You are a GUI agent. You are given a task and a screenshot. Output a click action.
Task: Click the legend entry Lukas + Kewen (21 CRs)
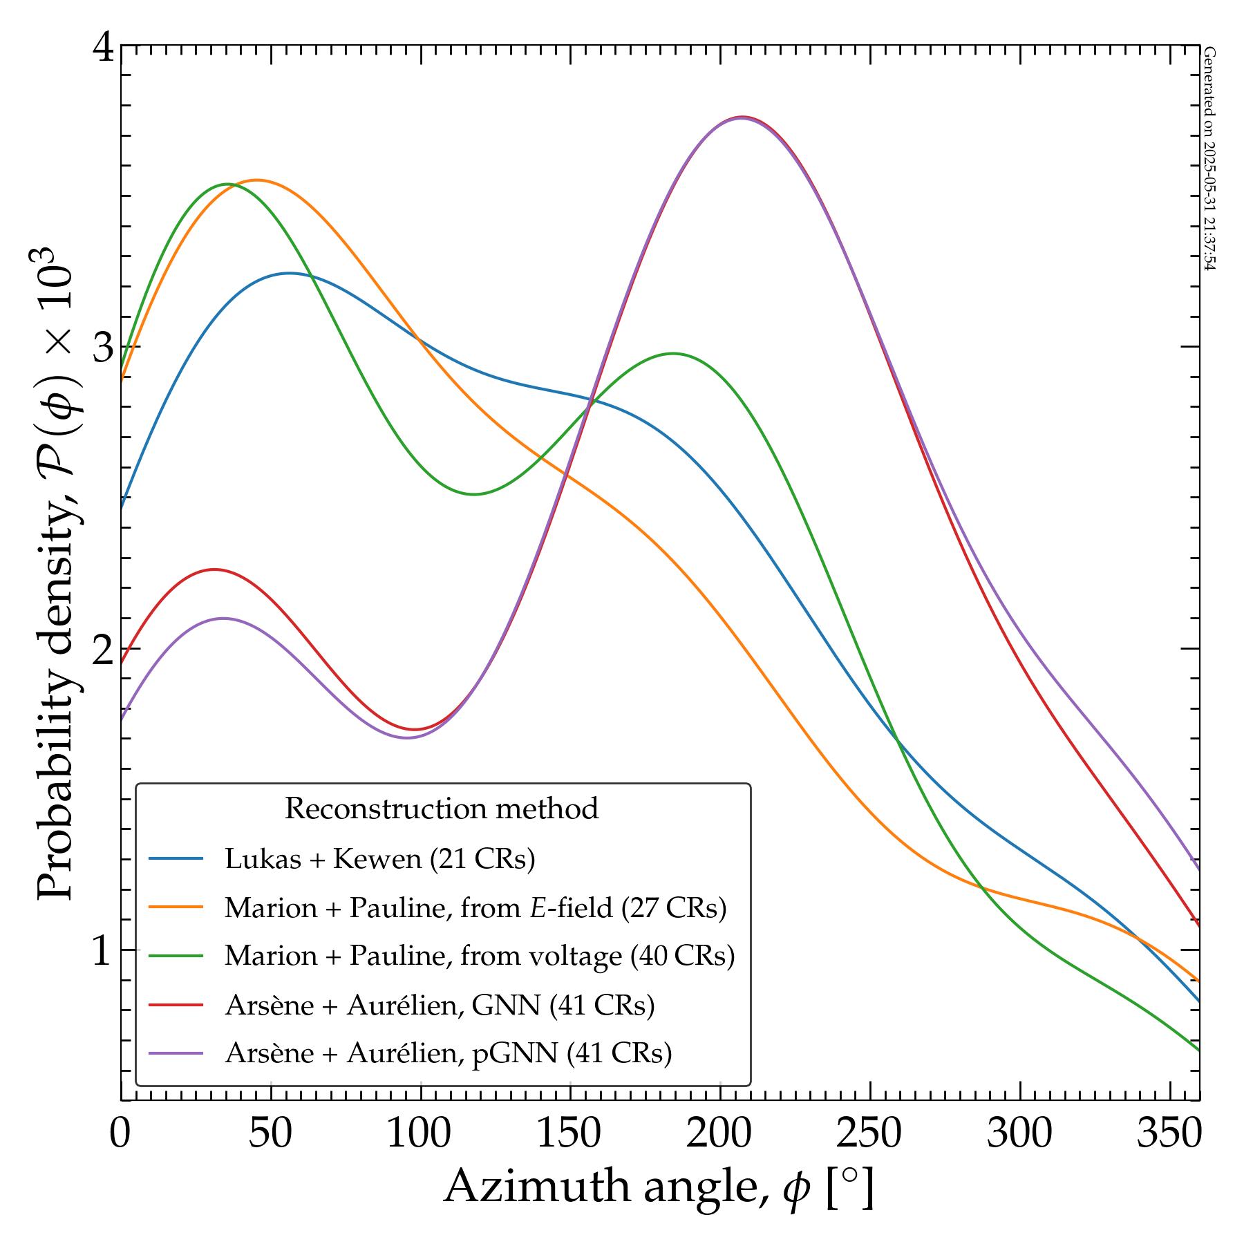point(379,859)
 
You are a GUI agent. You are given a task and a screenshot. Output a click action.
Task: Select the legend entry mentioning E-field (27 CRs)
point(475,907)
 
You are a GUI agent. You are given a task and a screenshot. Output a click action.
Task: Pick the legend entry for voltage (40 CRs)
point(479,956)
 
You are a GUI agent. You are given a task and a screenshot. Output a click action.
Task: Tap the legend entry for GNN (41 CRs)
point(439,1005)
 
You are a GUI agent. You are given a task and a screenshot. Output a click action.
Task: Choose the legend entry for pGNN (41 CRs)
point(448,1053)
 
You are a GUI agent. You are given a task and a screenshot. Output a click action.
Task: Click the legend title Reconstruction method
point(442,809)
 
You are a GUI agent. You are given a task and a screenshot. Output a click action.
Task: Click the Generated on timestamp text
point(1209,159)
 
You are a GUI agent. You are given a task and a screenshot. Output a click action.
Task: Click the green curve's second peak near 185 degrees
point(673,353)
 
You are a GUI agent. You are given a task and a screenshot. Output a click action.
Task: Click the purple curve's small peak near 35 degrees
point(223,619)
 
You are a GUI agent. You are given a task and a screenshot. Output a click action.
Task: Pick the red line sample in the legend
point(176,1005)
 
